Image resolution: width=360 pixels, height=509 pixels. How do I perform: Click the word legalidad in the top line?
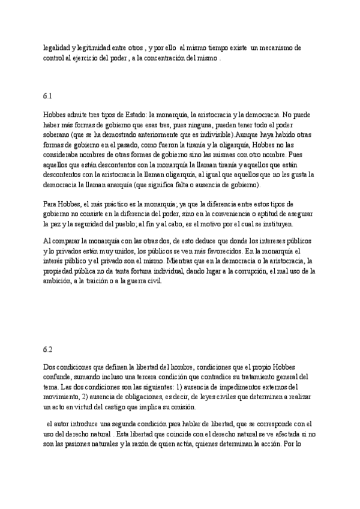[x=56, y=47]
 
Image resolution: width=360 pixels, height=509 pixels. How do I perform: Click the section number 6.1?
[x=48, y=96]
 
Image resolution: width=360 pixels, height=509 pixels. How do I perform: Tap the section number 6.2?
[x=48, y=349]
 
